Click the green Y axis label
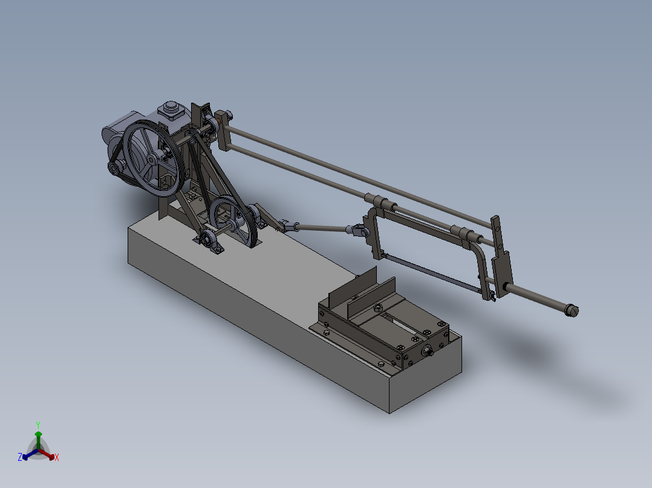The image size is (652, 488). click(38, 424)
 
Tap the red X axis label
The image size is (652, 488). click(56, 458)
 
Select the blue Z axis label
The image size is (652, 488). click(20, 458)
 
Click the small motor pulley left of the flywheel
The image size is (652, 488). click(114, 168)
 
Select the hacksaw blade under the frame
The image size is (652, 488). click(429, 275)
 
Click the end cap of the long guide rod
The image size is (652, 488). click(571, 310)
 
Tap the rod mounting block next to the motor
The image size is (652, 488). click(223, 130)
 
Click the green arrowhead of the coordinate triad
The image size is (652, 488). click(38, 434)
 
